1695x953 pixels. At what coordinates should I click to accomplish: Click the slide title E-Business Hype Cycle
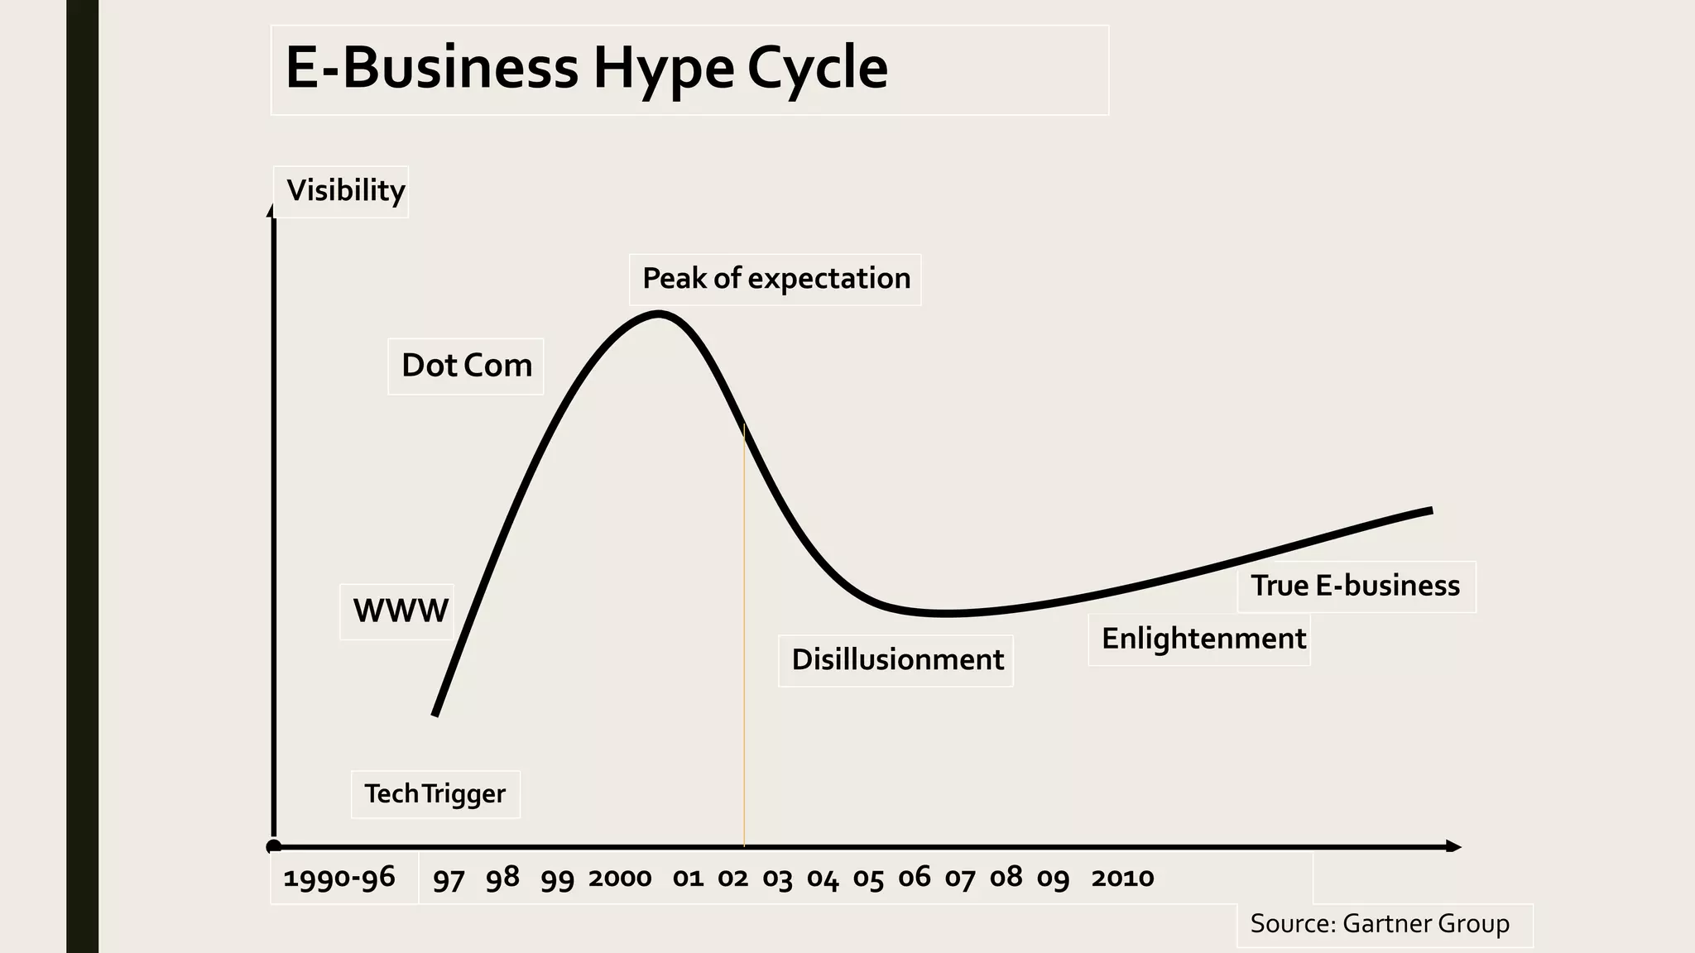(x=586, y=68)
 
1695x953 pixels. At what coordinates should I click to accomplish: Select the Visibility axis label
(x=345, y=190)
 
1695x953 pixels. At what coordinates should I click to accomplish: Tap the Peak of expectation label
(x=775, y=279)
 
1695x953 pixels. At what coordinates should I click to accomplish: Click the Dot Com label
(x=466, y=366)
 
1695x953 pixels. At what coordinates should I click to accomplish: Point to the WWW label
(x=400, y=611)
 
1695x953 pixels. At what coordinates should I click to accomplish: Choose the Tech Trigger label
(x=435, y=794)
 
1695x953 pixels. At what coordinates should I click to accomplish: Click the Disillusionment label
(x=896, y=660)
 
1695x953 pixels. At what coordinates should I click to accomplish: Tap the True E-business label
(x=1355, y=586)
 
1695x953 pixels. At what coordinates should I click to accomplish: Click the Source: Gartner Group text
(x=1379, y=924)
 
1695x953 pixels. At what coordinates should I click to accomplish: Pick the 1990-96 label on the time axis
(x=339, y=878)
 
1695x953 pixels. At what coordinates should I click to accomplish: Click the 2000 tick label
(x=620, y=878)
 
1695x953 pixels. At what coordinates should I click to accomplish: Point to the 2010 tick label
(x=1121, y=878)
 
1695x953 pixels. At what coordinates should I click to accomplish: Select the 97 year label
(x=449, y=879)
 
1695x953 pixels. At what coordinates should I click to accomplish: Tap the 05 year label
(x=868, y=879)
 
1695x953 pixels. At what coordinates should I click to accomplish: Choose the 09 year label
(x=1053, y=879)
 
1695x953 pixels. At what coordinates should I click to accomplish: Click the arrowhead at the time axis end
(x=1453, y=846)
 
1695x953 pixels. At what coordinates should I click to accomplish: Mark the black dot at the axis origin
(x=274, y=846)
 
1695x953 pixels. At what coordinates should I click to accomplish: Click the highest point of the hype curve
(x=659, y=314)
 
